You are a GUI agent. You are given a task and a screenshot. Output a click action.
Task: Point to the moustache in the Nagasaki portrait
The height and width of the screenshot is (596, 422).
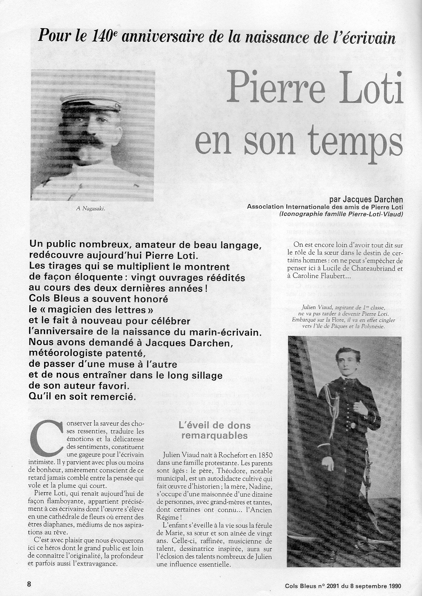tap(94, 139)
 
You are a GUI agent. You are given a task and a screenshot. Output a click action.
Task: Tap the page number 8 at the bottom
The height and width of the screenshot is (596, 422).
tap(29, 584)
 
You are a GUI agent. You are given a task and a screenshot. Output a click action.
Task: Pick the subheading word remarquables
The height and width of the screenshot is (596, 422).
tap(214, 436)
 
